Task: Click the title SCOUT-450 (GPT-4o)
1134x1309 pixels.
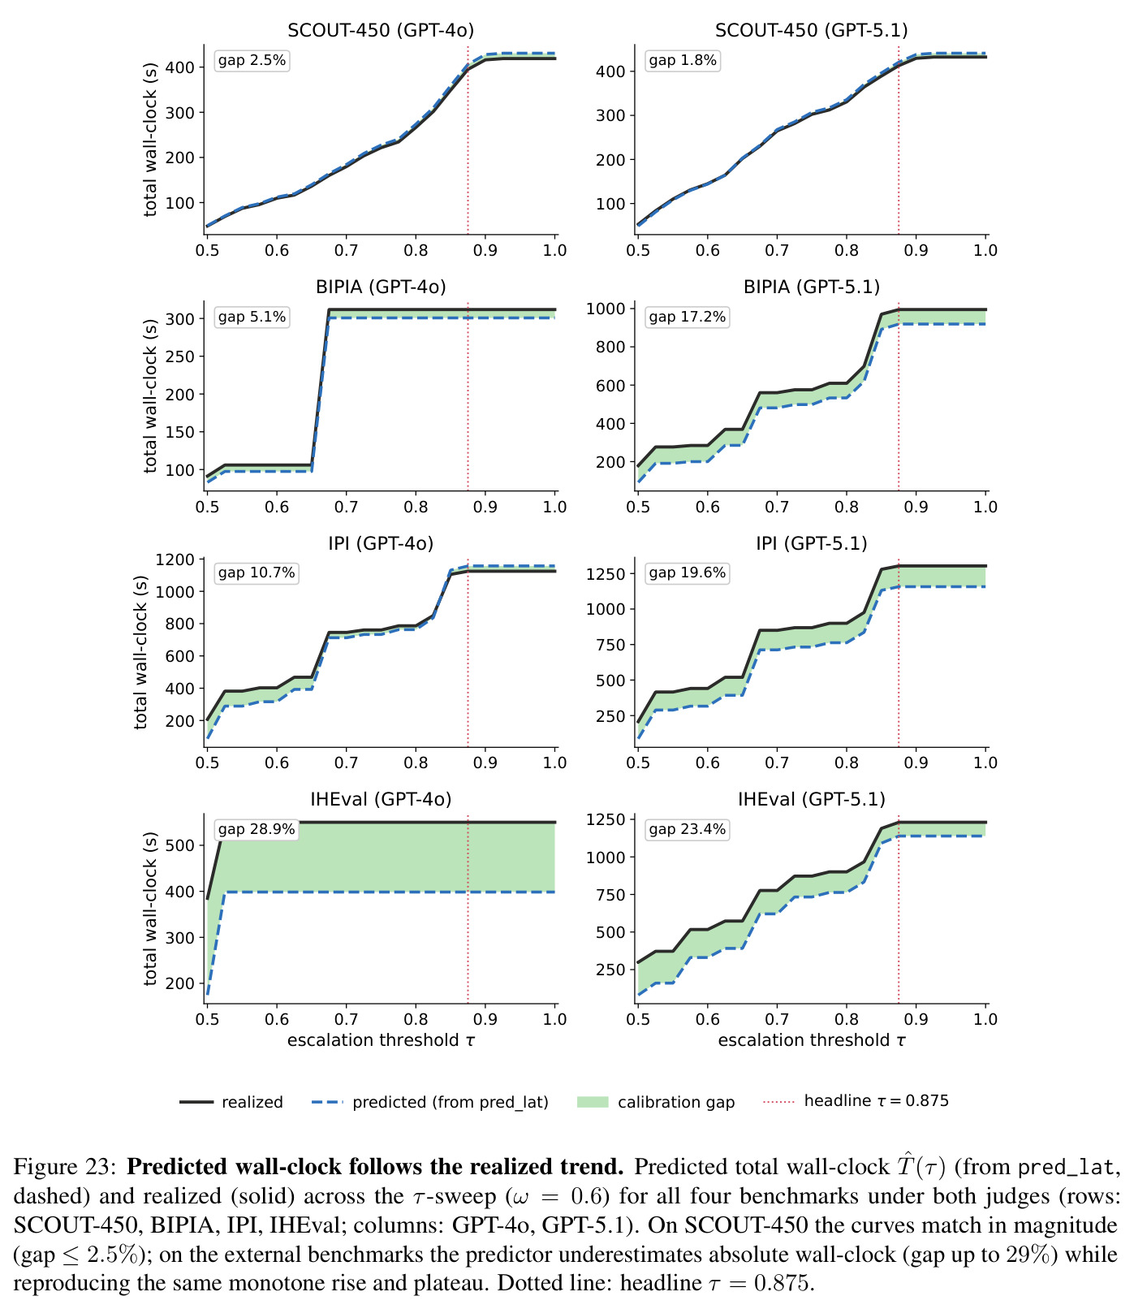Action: tap(381, 31)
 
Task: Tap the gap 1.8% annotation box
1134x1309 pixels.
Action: tap(683, 61)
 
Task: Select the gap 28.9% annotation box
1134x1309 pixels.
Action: tap(256, 830)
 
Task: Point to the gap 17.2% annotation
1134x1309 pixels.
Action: tap(687, 318)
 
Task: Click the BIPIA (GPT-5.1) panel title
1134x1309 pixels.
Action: tap(812, 287)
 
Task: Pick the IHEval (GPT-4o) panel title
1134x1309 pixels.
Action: tap(381, 800)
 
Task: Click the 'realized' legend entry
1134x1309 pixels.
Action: tap(231, 1102)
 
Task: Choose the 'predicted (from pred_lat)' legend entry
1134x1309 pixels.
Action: tap(430, 1102)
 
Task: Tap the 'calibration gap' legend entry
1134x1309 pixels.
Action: tap(656, 1102)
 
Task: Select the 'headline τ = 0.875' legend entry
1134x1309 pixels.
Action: tap(856, 1101)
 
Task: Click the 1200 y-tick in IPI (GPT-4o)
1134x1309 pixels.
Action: tap(178, 559)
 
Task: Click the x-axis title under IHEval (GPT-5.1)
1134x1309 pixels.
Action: tap(812, 1041)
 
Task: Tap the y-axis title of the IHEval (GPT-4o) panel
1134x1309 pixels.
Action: tap(151, 909)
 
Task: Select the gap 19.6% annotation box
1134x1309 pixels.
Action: tap(687, 573)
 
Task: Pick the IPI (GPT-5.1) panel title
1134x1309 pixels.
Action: tap(812, 543)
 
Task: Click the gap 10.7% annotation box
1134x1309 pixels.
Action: tap(256, 573)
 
